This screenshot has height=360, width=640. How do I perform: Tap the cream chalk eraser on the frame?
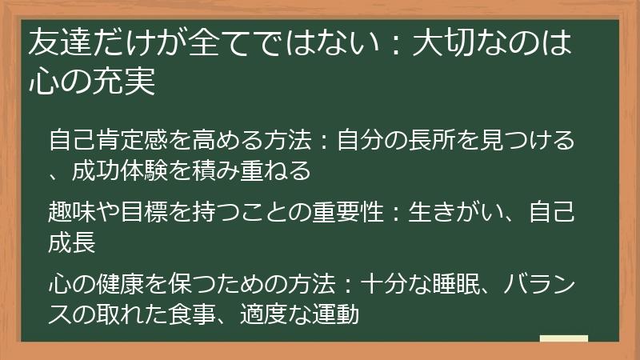tap(563, 338)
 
